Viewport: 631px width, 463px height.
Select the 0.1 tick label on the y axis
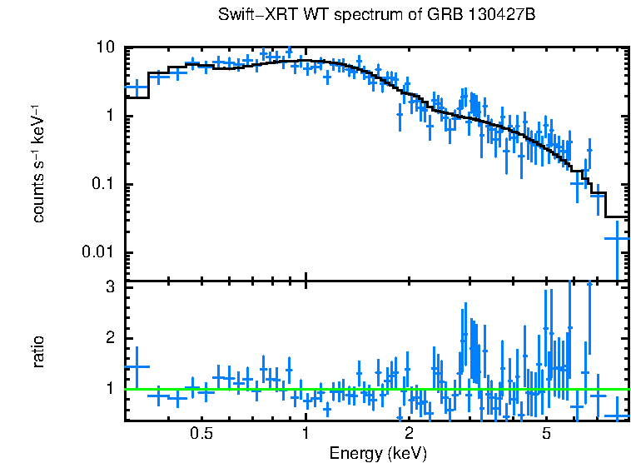coord(103,185)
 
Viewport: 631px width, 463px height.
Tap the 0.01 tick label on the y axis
coord(99,253)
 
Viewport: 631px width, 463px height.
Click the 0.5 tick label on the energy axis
coord(201,434)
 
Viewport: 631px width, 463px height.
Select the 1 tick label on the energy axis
coord(306,434)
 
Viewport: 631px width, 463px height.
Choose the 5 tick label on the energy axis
coord(546,434)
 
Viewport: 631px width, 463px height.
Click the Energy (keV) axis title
coord(377,453)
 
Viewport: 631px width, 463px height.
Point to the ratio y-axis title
coord(38,351)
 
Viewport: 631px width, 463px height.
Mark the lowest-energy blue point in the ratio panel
coord(136,367)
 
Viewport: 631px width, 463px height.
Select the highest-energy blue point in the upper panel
coord(617,238)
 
